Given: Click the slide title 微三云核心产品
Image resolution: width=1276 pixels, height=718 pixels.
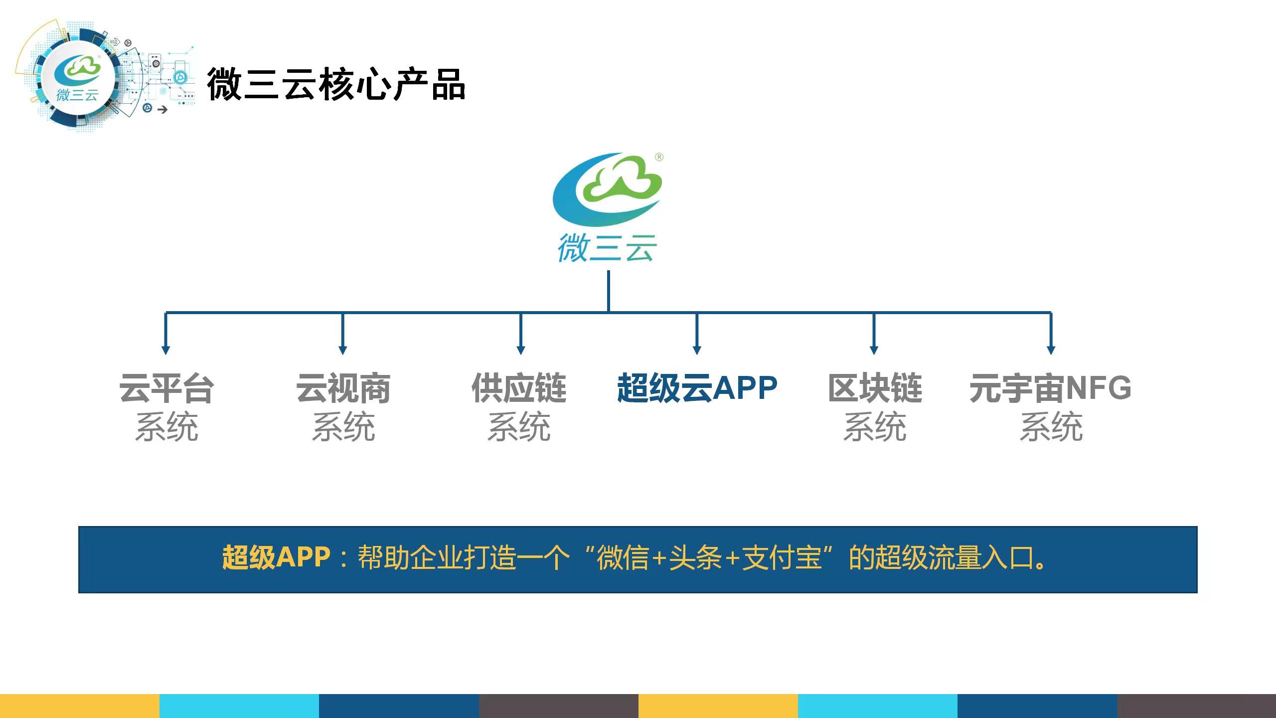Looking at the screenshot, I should pos(336,84).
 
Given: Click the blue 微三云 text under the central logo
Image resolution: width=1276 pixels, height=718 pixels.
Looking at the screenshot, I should pos(607,248).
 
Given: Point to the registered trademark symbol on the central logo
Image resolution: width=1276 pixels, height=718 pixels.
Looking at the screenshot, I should pos(659,157).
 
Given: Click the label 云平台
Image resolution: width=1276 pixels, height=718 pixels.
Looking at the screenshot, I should pos(166,388).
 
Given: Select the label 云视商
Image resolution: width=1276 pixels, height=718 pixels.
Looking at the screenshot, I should pos(343,388).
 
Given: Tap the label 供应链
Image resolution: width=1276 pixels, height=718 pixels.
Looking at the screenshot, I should pos(519,388).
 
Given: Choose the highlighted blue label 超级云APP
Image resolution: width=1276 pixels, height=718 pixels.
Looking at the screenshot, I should pos(697,388).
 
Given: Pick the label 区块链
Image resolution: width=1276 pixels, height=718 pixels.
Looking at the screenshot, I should pos(875,388).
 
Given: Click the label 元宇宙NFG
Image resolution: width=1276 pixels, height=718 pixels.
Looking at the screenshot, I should pos(1050,388).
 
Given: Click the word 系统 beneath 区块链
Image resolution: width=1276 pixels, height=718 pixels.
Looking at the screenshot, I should pos(875,427).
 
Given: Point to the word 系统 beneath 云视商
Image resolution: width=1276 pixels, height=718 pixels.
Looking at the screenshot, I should pos(343,427).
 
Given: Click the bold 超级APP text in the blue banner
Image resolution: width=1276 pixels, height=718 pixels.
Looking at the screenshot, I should pos(276,557).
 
